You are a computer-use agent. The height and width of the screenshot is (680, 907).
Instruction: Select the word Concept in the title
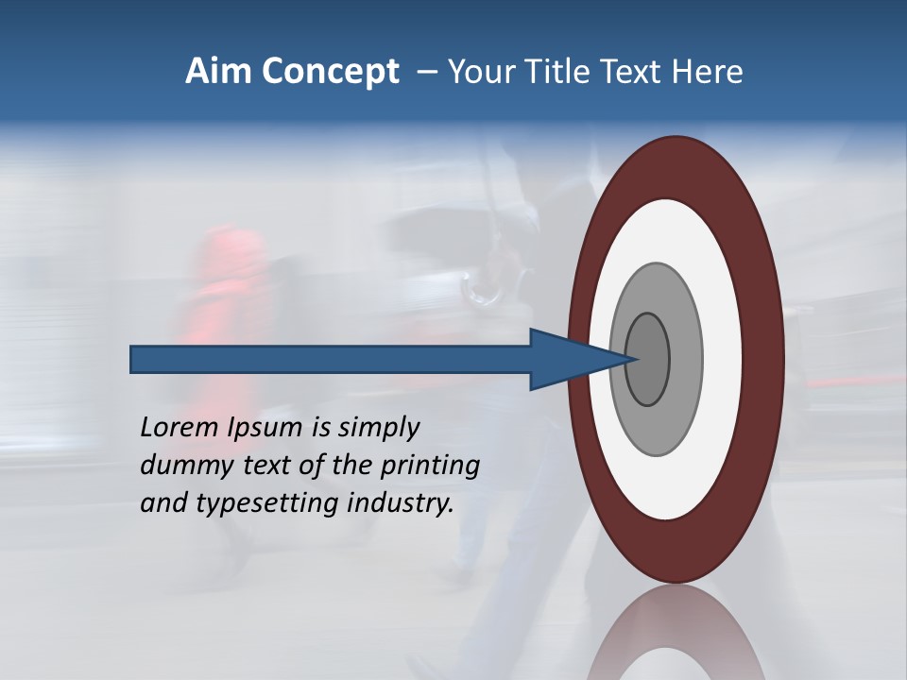click(330, 73)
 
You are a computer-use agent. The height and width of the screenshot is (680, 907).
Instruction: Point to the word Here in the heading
click(708, 72)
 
